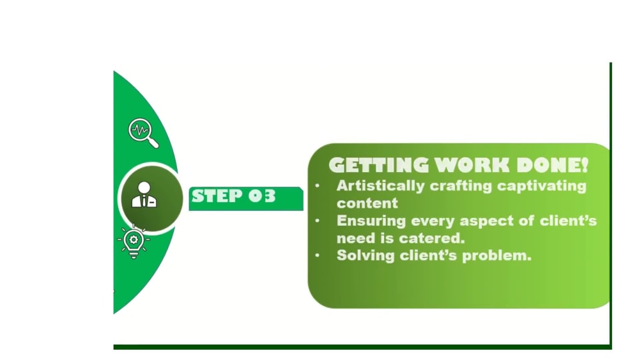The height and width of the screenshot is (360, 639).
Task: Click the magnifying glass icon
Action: pyautogui.click(x=143, y=133)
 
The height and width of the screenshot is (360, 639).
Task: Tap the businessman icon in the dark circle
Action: pyautogui.click(x=144, y=194)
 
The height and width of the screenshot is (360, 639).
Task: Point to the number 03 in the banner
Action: pyautogui.click(x=262, y=196)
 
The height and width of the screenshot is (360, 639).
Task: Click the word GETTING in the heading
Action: pyautogui.click(x=378, y=165)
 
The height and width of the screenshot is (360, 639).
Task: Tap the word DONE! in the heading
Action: pyautogui.click(x=552, y=165)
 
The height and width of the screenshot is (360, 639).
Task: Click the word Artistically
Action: pyautogui.click(x=381, y=186)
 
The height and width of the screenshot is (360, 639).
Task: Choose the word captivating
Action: pyautogui.click(x=542, y=186)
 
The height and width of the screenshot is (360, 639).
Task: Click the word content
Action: pyautogui.click(x=367, y=203)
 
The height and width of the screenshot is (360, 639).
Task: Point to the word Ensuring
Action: pyautogui.click(x=371, y=221)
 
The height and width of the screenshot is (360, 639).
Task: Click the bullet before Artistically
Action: pyautogui.click(x=318, y=186)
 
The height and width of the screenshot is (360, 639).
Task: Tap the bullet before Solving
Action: pyautogui.click(x=318, y=255)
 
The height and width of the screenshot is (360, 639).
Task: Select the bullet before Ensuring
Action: pyautogui.click(x=318, y=221)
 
